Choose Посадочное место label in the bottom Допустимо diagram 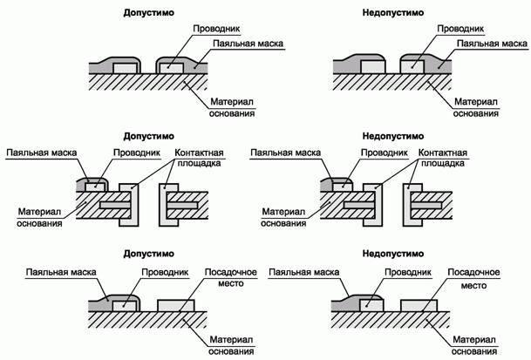coord(230,278)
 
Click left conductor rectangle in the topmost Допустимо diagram coord(124,67)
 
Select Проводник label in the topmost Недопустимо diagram coord(453,29)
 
